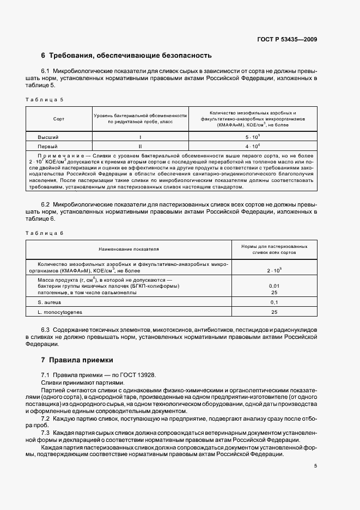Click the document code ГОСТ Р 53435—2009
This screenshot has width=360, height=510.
click(287, 39)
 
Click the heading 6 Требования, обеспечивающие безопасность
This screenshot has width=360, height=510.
click(126, 56)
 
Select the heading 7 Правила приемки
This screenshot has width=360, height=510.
click(77, 360)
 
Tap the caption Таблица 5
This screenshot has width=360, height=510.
click(45, 100)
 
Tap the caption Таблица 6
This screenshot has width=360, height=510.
click(45, 233)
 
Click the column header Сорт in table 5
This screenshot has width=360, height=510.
click(59, 118)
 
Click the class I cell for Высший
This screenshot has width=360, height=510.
click(140, 137)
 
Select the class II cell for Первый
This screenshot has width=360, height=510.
click(140, 147)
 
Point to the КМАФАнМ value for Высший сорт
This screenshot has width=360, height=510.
click(252, 137)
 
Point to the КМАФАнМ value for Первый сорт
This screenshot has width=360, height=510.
click(252, 146)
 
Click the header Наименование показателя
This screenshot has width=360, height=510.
click(129, 248)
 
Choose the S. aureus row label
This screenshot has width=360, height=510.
click(50, 301)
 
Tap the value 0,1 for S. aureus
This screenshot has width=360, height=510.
click(274, 302)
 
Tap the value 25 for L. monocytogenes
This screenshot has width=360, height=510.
click(274, 312)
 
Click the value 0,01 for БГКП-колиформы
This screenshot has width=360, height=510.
click(274, 286)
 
